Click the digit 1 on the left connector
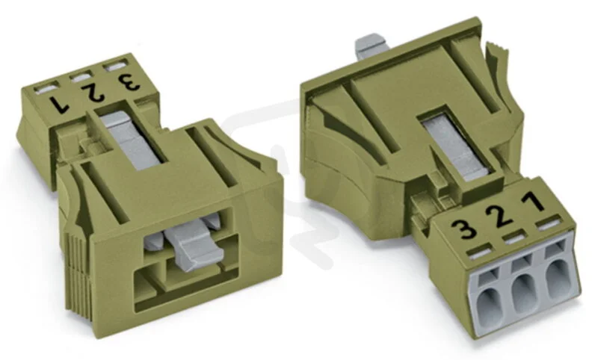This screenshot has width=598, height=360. coord(60,105)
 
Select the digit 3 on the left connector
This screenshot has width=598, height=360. coord(129,81)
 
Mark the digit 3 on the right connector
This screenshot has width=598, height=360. coord(463,229)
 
